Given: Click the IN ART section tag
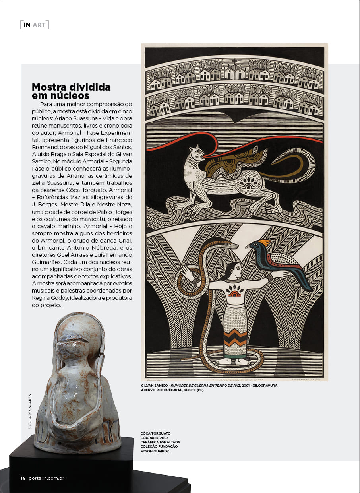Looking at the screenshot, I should pos(35,25).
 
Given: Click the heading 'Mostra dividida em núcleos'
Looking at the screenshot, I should pos(71,91).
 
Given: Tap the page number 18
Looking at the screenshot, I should pos(23,478).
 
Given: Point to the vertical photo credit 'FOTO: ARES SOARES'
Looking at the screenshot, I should pos(30,412).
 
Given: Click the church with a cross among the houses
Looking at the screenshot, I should pos(235,70).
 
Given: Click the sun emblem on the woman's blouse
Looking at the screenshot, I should pos(234,292).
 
